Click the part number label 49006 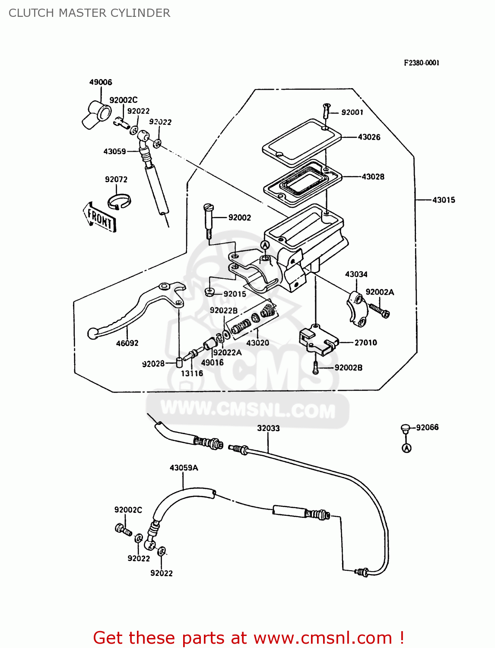click(x=101, y=82)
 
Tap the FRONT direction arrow click(x=100, y=218)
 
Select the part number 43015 click(x=444, y=200)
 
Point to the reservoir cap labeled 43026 click(x=301, y=143)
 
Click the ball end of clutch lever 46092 click(x=92, y=333)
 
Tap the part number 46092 click(x=127, y=343)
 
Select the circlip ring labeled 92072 click(x=119, y=201)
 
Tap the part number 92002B click(x=348, y=368)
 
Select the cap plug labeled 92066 click(x=405, y=429)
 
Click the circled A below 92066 click(x=406, y=448)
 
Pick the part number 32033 click(x=268, y=428)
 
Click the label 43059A click(x=184, y=468)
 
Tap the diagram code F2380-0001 click(x=422, y=63)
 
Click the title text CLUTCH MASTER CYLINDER click(x=89, y=13)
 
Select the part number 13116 click(x=192, y=373)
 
